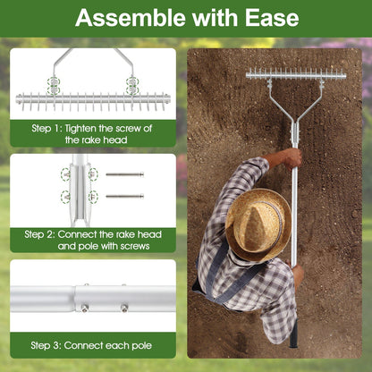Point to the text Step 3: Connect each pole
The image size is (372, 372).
pos(90,345)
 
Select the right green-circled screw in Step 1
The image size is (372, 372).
pos(132,86)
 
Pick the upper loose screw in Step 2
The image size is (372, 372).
pos(124,174)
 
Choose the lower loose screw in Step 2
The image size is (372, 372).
pos(124,196)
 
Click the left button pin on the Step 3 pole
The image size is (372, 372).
pos(85,307)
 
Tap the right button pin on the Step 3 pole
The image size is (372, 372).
pos(124,307)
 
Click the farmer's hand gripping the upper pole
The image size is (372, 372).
pos(292,157)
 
